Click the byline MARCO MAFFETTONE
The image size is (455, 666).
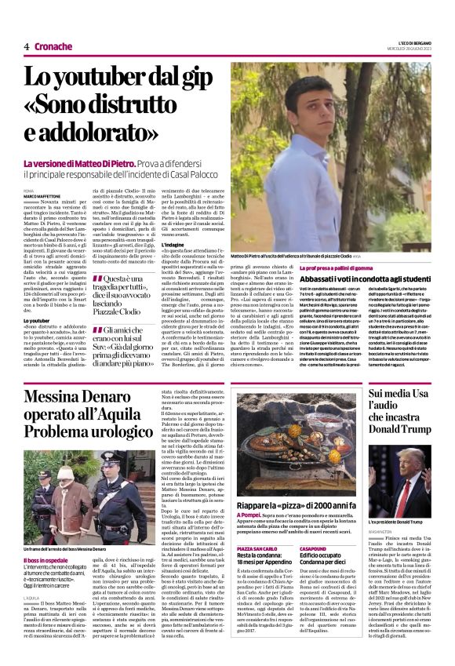[42, 195]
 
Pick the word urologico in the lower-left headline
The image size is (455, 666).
[109, 431]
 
